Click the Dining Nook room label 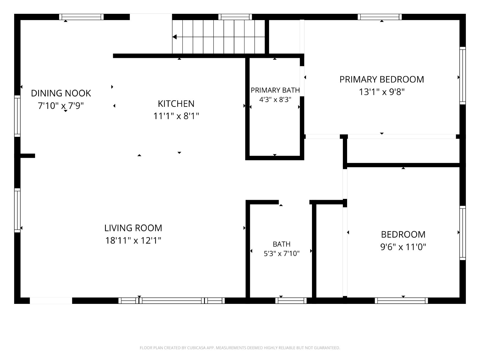[61, 93]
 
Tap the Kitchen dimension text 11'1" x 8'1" [176, 116]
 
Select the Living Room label [133, 228]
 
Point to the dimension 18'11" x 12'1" [133, 241]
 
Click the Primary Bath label [275, 90]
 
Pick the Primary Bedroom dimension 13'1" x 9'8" [382, 92]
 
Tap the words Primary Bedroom [382, 79]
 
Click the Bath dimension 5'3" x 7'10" [281, 253]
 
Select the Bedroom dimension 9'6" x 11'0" [403, 247]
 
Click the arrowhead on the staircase [175, 37]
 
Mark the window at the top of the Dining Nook [81, 17]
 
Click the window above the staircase [235, 17]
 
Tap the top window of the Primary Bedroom [379, 17]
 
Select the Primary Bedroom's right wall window [463, 76]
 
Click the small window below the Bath [291, 301]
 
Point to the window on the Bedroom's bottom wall [401, 301]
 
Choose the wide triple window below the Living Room [171, 301]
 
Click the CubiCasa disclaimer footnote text [240, 347]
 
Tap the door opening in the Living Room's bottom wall [51, 301]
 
